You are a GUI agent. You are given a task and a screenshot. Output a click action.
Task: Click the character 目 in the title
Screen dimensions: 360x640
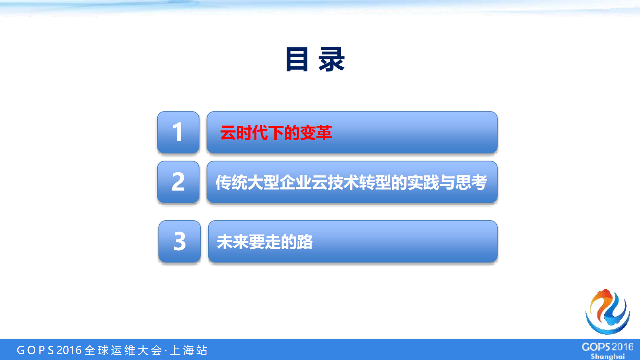296,59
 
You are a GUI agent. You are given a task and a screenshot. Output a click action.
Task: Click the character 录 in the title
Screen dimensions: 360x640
332,59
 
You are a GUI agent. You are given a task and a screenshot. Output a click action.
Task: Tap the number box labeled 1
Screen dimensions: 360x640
178,132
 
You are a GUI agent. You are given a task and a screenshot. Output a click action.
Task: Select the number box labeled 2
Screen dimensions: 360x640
178,182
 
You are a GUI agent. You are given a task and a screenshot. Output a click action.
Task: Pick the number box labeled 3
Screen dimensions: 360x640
179,242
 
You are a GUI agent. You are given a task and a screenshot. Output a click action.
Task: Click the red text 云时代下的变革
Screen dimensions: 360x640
276,133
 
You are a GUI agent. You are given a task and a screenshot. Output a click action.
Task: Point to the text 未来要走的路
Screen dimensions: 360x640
265,242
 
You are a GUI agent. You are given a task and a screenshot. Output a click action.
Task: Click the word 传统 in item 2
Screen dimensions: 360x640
231,183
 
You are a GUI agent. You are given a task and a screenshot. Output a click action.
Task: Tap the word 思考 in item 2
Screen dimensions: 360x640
471,183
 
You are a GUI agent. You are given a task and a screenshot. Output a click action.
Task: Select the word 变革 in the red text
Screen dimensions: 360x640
316,133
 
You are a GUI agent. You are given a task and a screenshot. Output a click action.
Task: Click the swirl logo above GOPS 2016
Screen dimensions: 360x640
608,312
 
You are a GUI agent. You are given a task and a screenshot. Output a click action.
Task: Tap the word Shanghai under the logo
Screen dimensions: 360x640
608,356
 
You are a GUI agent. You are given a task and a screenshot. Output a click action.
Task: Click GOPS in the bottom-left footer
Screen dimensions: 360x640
35,350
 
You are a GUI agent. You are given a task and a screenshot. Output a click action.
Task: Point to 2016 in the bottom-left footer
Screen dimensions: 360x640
69,350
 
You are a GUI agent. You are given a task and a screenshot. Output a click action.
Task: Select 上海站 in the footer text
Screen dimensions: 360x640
189,350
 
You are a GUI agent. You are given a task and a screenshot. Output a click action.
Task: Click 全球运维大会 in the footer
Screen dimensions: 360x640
123,350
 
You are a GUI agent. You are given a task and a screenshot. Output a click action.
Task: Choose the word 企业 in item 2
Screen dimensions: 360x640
295,183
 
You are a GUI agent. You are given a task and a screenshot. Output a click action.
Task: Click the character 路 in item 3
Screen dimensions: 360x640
305,242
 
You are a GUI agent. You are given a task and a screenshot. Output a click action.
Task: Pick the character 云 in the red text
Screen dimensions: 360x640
228,133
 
